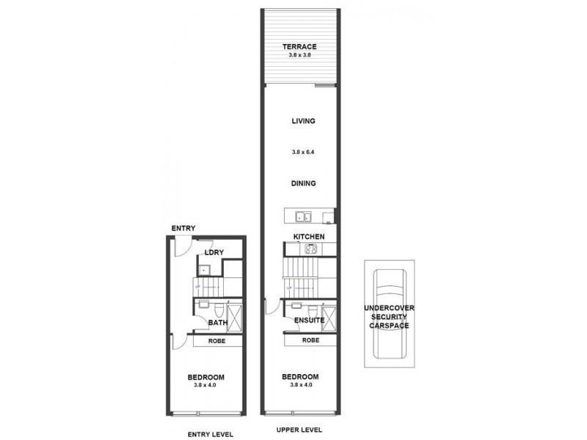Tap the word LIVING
click(299, 123)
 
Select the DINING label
click(299, 184)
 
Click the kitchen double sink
click(303, 216)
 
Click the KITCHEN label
click(309, 237)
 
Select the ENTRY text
click(183, 228)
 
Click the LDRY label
click(214, 253)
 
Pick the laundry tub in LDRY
click(207, 269)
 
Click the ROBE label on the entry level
click(216, 341)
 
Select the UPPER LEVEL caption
click(299, 430)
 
